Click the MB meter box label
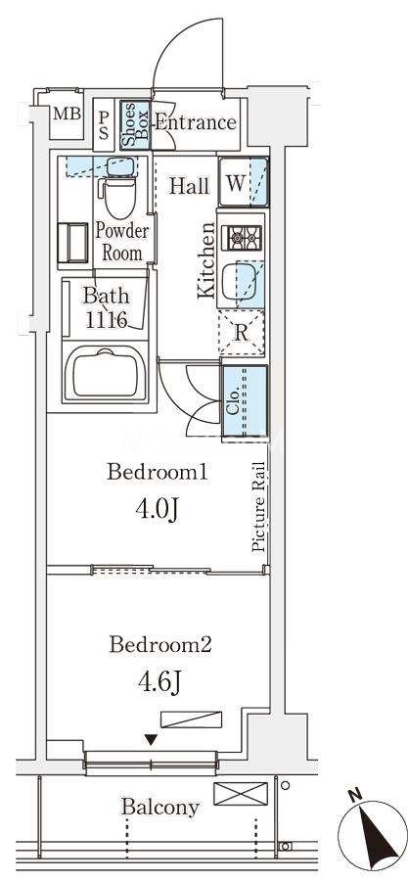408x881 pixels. click(68, 115)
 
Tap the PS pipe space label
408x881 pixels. click(104, 124)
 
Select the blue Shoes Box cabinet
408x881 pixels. click(135, 124)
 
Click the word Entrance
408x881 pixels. click(195, 122)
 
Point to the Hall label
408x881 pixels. click(189, 186)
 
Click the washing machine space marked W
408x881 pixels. click(243, 182)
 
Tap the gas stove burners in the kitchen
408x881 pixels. click(242, 238)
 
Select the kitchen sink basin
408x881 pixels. click(240, 281)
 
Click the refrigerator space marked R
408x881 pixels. click(242, 333)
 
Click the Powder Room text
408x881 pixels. click(122, 242)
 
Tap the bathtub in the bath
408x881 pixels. click(106, 372)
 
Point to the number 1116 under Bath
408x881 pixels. click(106, 320)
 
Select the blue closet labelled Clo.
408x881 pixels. click(245, 400)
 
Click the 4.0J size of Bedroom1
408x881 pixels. click(158, 510)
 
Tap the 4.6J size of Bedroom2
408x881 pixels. click(159, 681)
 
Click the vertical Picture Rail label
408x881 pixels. click(258, 506)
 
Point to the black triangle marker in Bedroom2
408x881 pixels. click(151, 740)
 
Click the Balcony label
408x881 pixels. click(160, 808)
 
